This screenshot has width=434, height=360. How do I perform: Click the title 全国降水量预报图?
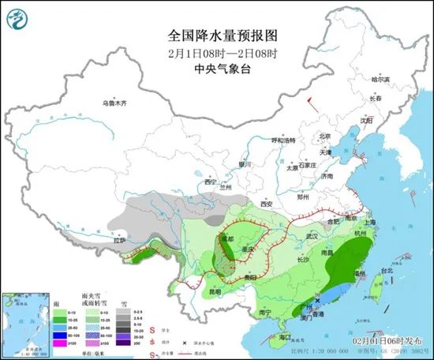(x=216, y=36)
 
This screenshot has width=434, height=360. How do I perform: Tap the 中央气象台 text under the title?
(x=216, y=68)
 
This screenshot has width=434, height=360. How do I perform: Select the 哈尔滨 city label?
(x=380, y=79)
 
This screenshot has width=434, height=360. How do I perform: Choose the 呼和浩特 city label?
(x=282, y=140)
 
